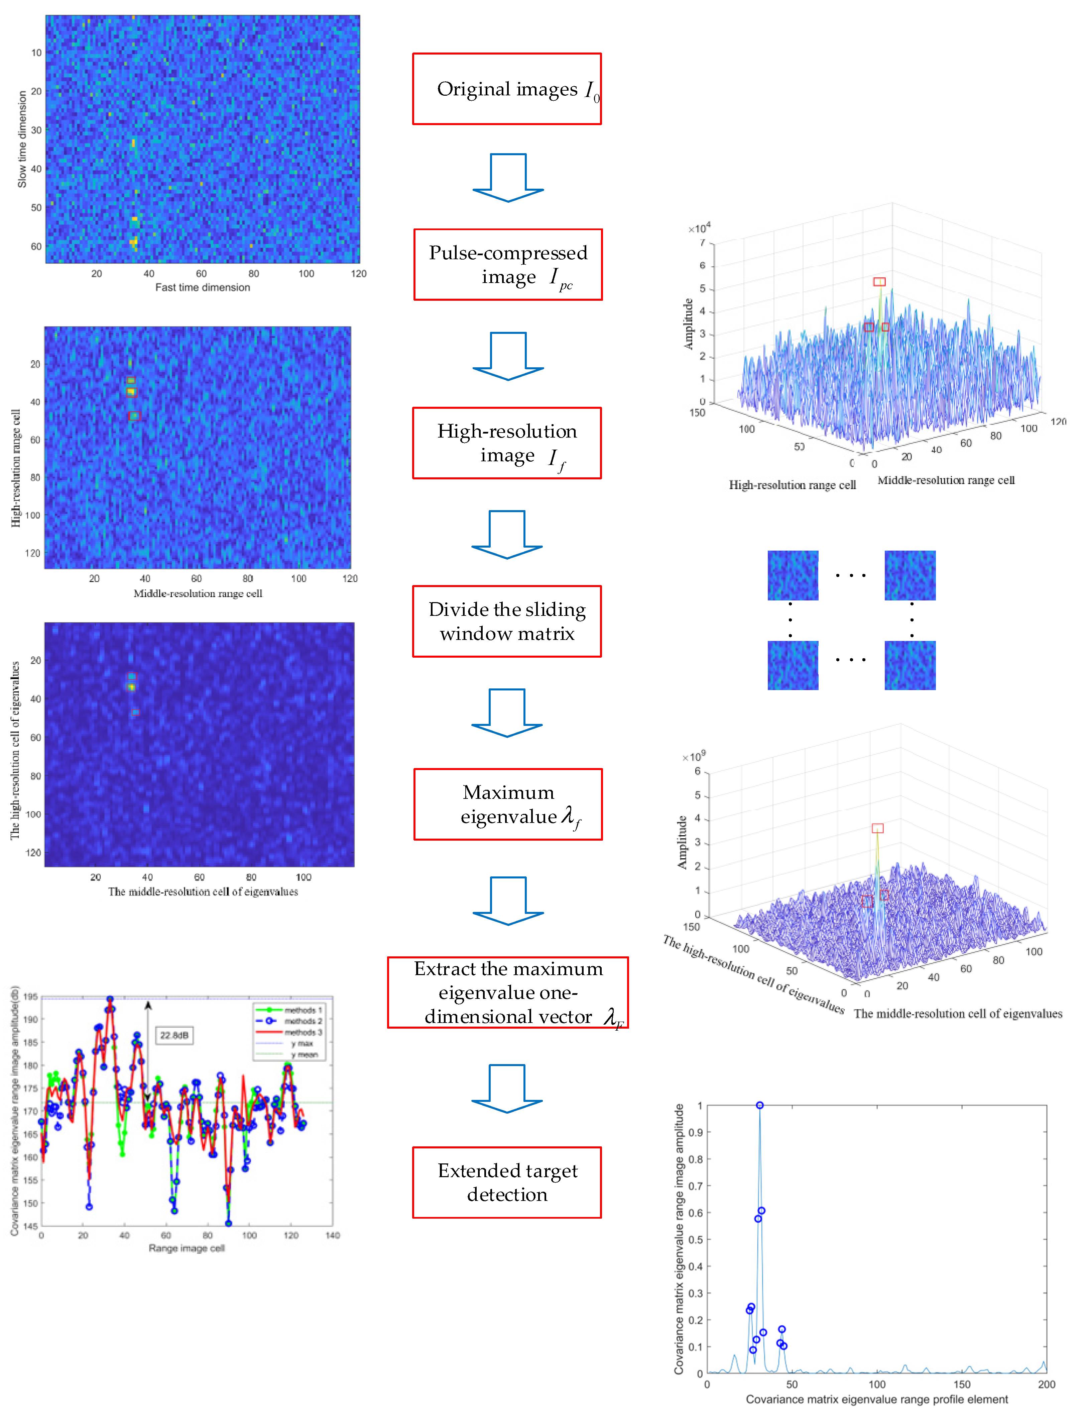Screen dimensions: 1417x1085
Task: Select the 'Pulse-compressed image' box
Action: click(508, 264)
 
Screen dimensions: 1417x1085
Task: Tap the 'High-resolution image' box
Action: click(507, 443)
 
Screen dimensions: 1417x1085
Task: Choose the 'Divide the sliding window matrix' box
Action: click(507, 622)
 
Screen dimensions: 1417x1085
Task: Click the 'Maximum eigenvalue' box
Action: click(508, 805)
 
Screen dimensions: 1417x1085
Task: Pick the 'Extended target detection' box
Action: click(507, 1183)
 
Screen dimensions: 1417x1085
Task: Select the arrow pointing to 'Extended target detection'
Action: click(507, 1089)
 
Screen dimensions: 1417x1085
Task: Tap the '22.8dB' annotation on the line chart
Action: click(174, 1035)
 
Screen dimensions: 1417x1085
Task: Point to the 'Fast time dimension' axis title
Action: click(202, 288)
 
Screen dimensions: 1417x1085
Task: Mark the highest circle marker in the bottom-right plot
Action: click(759, 1106)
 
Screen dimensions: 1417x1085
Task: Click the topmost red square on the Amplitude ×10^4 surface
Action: click(879, 282)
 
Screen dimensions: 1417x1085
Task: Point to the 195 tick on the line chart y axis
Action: click(30, 997)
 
